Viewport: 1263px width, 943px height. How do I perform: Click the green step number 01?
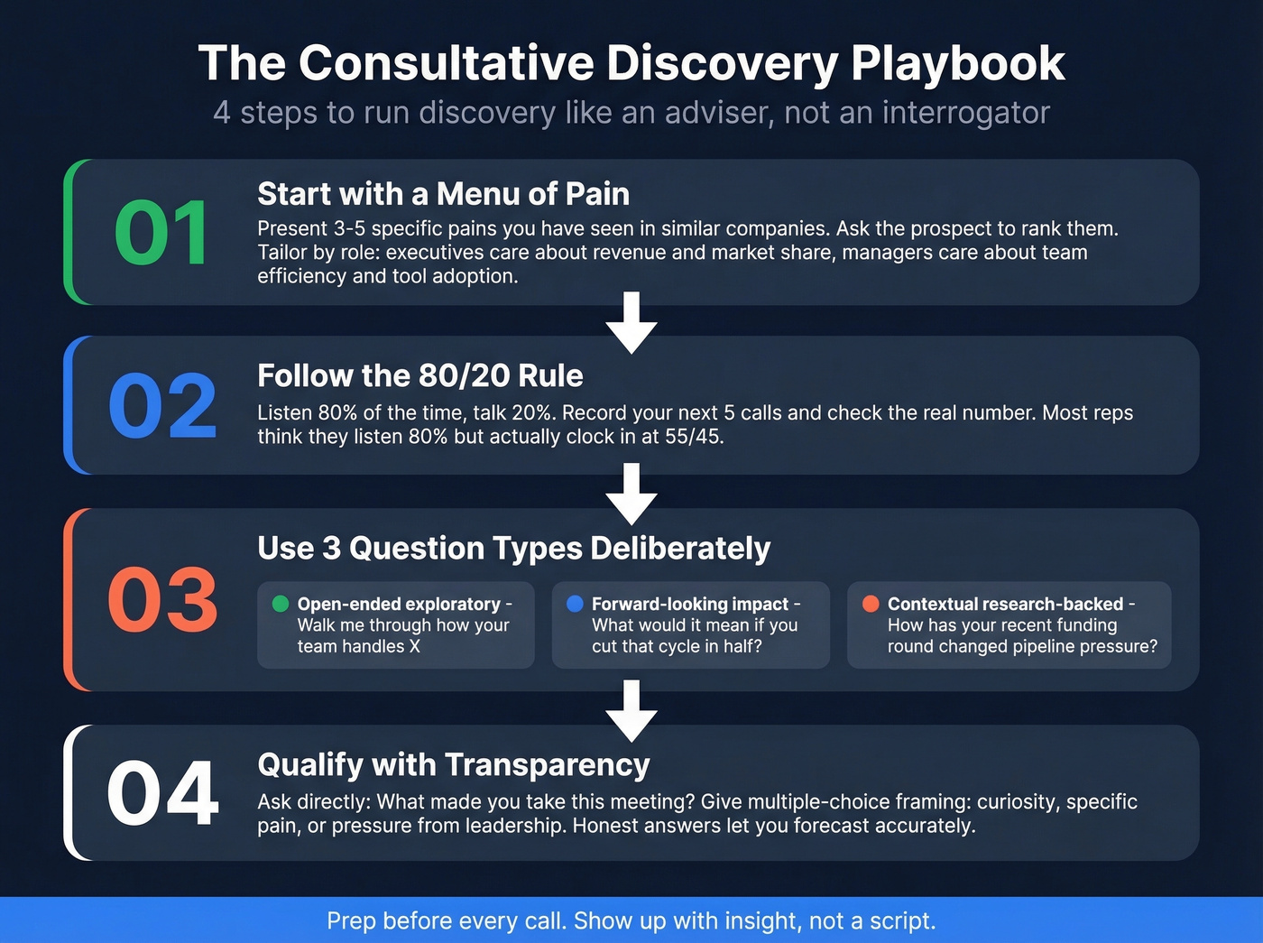click(x=161, y=234)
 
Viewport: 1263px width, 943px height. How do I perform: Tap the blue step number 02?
click(x=162, y=406)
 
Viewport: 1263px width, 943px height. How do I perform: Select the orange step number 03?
click(x=162, y=600)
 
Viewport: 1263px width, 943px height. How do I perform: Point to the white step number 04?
click(x=162, y=793)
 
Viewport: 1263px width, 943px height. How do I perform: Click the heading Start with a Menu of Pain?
click(x=443, y=194)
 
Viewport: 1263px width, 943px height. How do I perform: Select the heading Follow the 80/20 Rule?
click(x=419, y=375)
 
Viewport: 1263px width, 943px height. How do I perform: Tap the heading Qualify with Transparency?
click(x=453, y=764)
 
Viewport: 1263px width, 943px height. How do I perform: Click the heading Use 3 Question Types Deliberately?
click(x=513, y=548)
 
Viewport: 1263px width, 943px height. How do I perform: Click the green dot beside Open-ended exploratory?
click(x=281, y=604)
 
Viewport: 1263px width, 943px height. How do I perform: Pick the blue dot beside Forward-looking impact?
click(x=575, y=604)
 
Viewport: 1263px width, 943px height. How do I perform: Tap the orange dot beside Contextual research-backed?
click(x=871, y=604)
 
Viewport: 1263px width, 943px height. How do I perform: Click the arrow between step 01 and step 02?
click(x=631, y=322)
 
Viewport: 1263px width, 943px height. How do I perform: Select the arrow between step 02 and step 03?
click(x=631, y=493)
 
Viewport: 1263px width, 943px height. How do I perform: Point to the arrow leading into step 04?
click(x=631, y=709)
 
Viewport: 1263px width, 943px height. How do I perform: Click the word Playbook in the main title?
click(x=957, y=63)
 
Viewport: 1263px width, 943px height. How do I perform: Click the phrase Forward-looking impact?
click(x=690, y=604)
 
